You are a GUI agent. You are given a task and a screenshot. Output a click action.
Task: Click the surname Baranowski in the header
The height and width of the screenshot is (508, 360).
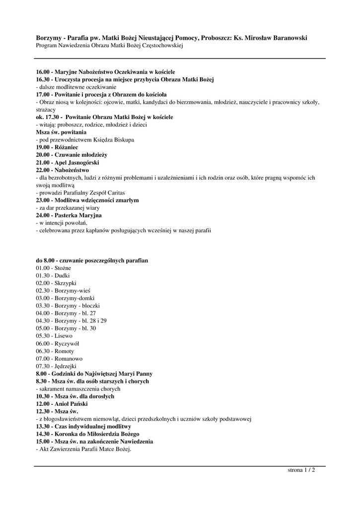point(284,38)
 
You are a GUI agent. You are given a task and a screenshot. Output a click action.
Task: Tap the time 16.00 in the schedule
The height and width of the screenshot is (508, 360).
point(43,72)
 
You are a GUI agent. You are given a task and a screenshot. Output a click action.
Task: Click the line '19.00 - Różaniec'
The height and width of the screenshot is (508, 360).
point(57,147)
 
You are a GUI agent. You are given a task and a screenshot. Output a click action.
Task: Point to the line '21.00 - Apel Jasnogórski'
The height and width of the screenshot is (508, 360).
point(68,162)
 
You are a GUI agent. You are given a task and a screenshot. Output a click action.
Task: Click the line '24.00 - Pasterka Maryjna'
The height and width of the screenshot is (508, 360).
point(69,215)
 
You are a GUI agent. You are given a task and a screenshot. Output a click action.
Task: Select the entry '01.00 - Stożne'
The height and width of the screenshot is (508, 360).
point(53,268)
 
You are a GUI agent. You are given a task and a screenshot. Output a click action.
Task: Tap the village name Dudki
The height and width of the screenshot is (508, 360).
point(62,275)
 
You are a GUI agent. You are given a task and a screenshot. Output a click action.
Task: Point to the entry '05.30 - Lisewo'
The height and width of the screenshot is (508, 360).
point(54,335)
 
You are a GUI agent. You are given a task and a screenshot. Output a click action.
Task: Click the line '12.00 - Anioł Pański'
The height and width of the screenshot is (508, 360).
point(62,404)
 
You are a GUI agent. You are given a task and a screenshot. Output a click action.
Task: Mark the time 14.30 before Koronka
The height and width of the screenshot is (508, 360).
point(43,434)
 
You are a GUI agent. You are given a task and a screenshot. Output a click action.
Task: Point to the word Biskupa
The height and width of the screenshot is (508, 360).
point(121,140)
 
